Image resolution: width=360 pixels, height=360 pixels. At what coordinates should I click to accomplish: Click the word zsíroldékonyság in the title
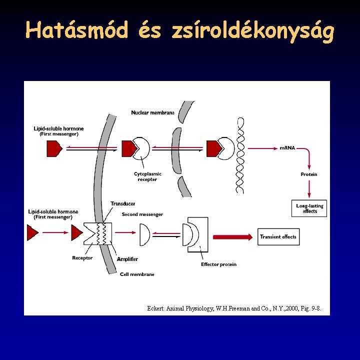tap(252, 31)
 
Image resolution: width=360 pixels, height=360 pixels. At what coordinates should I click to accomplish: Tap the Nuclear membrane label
tap(152, 112)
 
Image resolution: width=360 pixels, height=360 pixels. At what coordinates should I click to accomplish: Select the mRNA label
tap(287, 148)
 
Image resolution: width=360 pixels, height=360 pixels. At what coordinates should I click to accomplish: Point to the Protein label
tap(309, 174)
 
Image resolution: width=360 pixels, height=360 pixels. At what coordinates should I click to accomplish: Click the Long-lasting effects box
tap(309, 208)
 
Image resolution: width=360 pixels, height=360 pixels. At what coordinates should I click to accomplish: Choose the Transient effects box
tap(278, 236)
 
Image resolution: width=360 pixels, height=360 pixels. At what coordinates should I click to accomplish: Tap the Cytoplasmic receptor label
tap(147, 176)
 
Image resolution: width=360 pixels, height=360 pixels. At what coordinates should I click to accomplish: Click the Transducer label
tap(122, 204)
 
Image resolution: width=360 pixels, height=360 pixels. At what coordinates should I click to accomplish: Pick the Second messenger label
tap(142, 214)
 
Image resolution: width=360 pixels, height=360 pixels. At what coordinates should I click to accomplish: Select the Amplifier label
tap(127, 259)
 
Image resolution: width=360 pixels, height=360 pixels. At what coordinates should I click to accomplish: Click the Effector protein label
tap(218, 264)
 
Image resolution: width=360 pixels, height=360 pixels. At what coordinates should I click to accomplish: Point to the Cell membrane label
tap(137, 274)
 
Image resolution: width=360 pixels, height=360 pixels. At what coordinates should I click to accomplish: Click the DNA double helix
tap(240, 155)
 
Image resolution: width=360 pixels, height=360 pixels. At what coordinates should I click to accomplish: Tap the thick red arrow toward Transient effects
tap(232, 236)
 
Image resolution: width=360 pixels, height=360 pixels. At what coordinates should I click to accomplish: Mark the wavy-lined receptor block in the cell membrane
tap(98, 233)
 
